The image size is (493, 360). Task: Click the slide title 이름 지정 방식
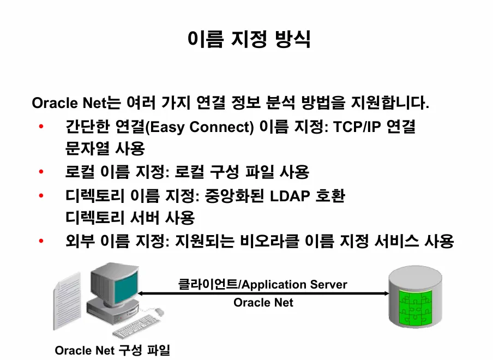pos(249,39)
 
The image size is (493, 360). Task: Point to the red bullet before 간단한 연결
pos(41,128)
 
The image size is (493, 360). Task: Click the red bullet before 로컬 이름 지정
pos(41,172)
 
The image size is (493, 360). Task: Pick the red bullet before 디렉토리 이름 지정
pos(41,196)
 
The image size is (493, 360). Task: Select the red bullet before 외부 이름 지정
pos(41,241)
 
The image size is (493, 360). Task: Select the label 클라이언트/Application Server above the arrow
pos(263,284)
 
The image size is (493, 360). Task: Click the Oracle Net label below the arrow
pos(263,302)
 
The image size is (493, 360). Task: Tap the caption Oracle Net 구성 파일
pos(112,350)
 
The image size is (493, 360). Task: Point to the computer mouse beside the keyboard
pos(159,311)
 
